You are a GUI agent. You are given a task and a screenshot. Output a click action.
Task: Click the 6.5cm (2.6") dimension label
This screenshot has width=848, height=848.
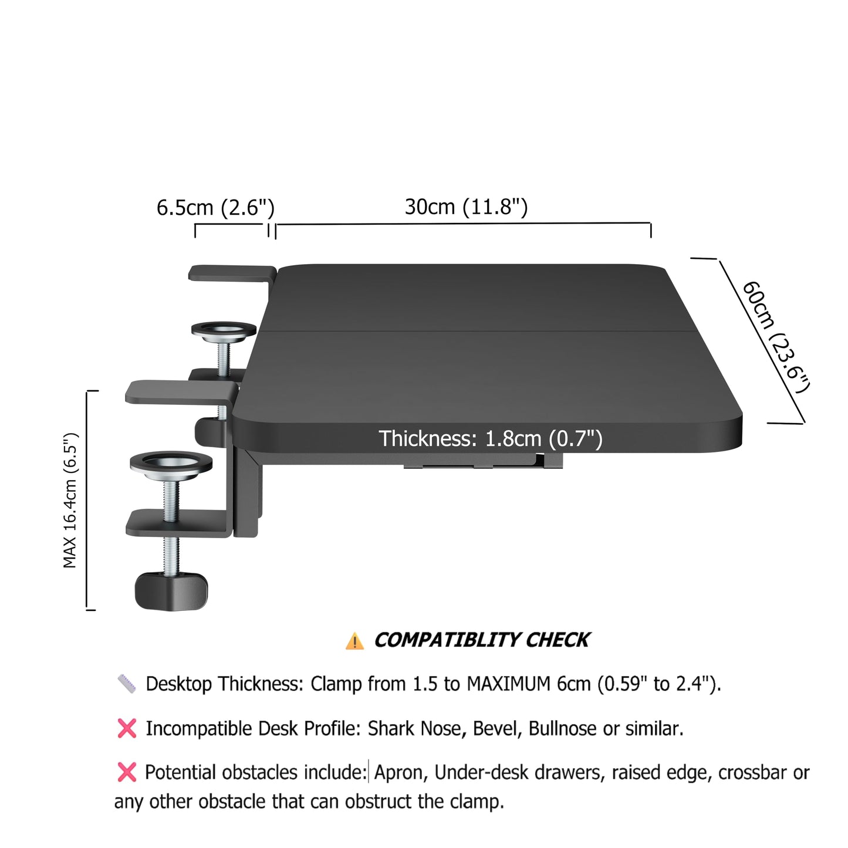(x=215, y=208)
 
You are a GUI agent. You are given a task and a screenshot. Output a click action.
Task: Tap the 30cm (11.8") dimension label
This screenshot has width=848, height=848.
(x=466, y=207)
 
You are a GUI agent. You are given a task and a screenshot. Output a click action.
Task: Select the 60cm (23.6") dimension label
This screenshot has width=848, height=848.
(x=776, y=337)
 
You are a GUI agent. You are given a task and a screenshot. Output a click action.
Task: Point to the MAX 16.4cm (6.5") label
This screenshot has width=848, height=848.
(x=70, y=501)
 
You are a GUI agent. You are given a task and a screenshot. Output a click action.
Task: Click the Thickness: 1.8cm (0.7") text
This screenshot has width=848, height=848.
(x=490, y=439)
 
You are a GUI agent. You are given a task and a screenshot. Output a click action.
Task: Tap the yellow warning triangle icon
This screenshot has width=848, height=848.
(x=354, y=641)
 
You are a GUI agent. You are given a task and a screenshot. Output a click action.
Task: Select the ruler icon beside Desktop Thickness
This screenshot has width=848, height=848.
(x=127, y=684)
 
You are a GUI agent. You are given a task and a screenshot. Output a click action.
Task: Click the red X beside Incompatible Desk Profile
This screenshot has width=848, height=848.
(x=127, y=728)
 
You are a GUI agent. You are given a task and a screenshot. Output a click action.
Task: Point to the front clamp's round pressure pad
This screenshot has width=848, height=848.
(x=171, y=465)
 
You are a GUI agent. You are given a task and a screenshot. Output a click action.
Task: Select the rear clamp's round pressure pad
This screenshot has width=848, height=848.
(x=224, y=332)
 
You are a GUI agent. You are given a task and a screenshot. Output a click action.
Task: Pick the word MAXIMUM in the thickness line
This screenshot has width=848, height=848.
(x=509, y=684)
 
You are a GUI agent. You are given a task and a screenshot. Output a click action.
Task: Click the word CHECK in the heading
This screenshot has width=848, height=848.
(x=558, y=640)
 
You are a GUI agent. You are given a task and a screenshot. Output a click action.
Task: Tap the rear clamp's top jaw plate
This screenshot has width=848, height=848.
(x=232, y=273)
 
